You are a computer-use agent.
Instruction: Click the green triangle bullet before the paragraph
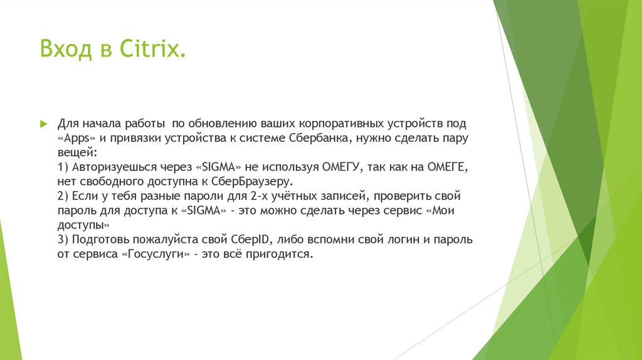coord(43,123)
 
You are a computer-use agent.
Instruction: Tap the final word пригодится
coord(281,255)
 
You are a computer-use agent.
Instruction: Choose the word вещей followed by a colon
coord(76,152)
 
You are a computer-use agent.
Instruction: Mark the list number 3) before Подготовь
coord(63,240)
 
